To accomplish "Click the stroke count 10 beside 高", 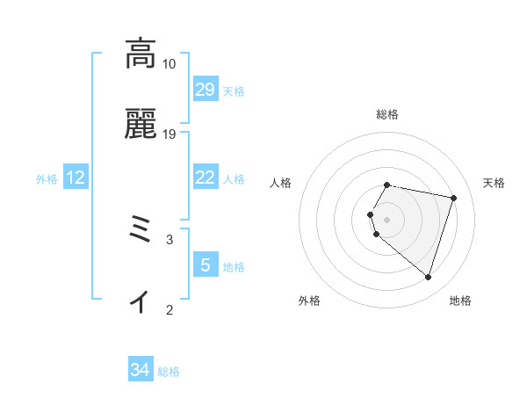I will (x=169, y=64).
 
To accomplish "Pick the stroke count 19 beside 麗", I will (x=169, y=134).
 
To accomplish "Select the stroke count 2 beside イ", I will (x=169, y=309).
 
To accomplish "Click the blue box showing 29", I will (x=205, y=90).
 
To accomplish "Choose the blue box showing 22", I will (x=205, y=178).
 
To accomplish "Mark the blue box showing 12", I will (x=76, y=178).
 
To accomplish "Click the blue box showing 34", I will (x=141, y=371).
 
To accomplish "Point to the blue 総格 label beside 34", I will (x=169, y=372).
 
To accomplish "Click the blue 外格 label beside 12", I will (x=47, y=178).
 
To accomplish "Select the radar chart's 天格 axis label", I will (x=495, y=183).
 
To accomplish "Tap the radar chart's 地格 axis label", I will (x=460, y=301).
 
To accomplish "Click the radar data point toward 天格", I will (x=453, y=198).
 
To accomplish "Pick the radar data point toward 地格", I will (x=428, y=278).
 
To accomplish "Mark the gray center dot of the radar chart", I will (x=387, y=219).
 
